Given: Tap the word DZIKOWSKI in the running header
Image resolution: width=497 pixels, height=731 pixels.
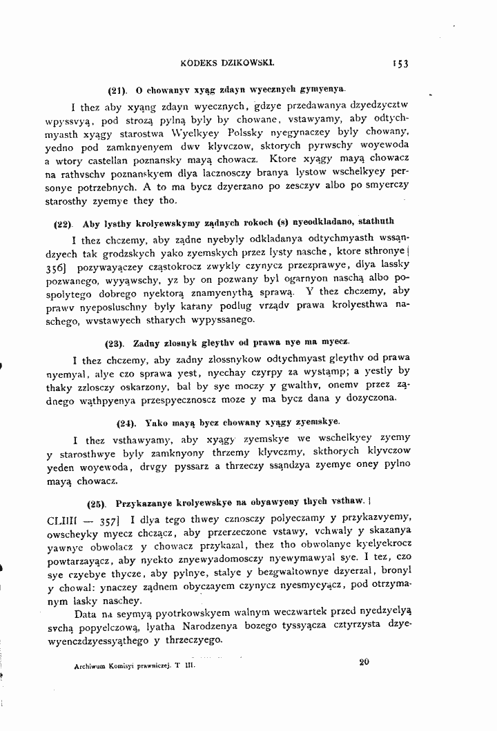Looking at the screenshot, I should (244, 61).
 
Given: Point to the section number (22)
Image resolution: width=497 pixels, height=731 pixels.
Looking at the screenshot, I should (64, 223).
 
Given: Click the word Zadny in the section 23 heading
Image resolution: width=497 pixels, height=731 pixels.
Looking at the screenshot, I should (147, 342).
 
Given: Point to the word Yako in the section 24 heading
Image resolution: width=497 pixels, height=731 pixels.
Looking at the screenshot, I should (158, 421).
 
